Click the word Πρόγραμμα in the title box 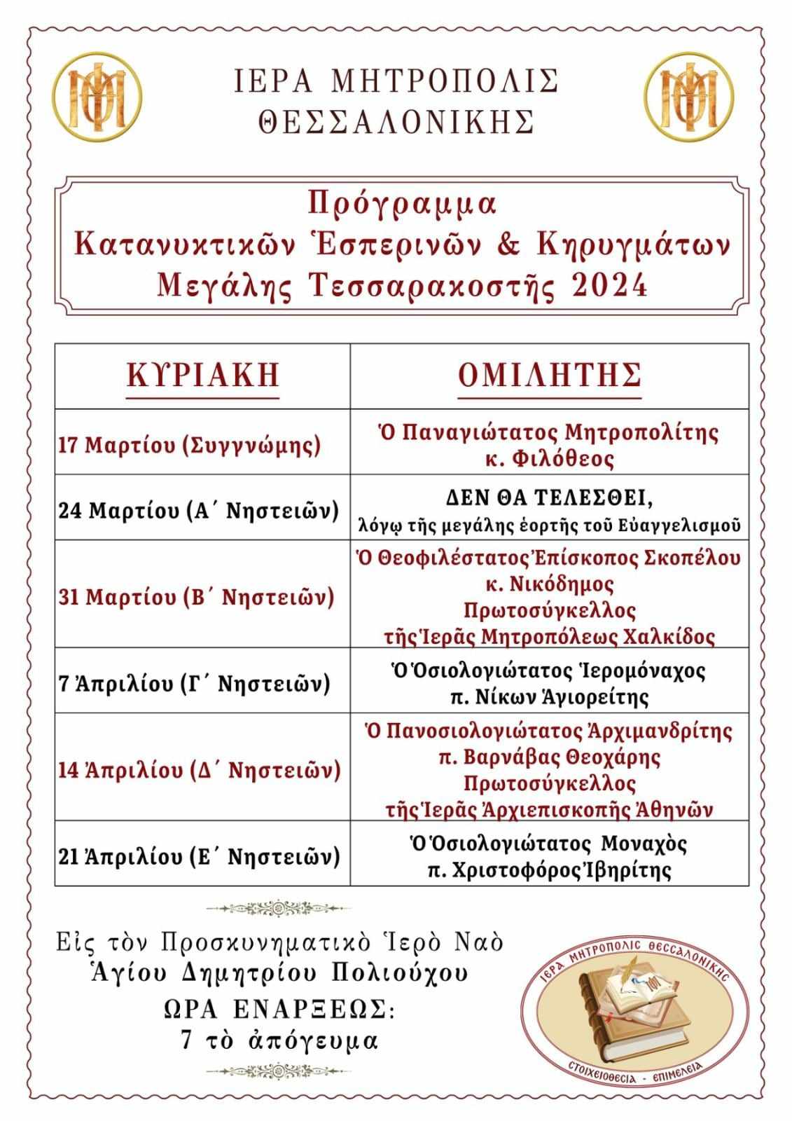pos(402,204)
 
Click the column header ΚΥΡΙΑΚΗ pos(203,375)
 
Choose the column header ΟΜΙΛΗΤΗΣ pos(550,375)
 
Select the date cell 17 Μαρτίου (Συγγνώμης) pos(189,445)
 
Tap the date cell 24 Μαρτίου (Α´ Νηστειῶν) pos(199,509)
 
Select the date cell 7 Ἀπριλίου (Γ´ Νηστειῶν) pos(194,682)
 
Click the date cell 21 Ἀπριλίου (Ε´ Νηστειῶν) pos(199,856)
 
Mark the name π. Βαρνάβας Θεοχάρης pos(550,757)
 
